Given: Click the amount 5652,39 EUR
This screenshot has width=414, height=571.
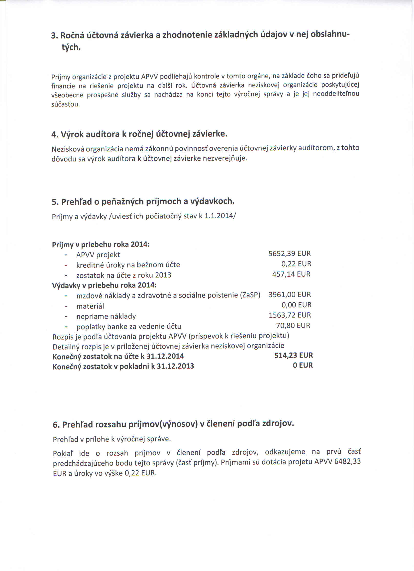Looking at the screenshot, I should click(289, 253).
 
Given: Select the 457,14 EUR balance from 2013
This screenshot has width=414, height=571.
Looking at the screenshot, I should click(291, 274).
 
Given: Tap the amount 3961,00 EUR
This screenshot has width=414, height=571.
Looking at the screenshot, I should click(290, 295).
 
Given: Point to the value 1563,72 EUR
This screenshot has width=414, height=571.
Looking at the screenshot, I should click(290, 315).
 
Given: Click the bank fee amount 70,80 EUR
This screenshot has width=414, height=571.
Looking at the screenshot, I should click(293, 326).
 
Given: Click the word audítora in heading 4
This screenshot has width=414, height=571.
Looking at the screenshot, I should click(103, 134).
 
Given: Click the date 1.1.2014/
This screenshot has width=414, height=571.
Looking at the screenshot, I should click(220, 216).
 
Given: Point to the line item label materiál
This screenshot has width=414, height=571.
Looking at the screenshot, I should click(90, 306).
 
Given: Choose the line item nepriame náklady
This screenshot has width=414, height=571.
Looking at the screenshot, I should click(106, 317).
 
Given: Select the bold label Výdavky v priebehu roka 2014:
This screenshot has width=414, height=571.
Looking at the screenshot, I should click(104, 285).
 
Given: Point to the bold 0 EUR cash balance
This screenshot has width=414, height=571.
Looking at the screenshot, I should click(303, 365).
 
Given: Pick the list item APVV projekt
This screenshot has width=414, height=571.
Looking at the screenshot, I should click(98, 255).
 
